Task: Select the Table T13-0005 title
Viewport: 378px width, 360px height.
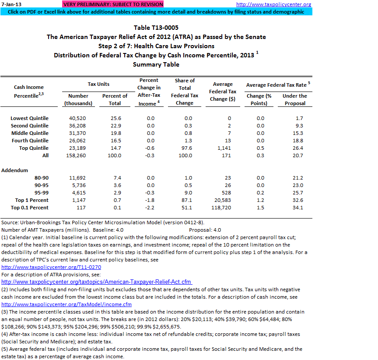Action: coord(156,28)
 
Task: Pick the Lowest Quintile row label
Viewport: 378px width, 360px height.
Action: coord(29,118)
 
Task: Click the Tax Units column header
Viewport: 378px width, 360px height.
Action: coord(98,84)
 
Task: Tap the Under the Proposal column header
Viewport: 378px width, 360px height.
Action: coord(294,99)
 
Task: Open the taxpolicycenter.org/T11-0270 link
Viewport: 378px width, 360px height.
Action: coord(51,267)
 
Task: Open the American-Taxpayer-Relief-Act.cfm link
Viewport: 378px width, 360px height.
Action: coord(96,282)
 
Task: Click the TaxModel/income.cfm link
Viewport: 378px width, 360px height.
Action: coord(66,304)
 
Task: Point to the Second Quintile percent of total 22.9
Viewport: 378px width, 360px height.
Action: coord(115,126)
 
